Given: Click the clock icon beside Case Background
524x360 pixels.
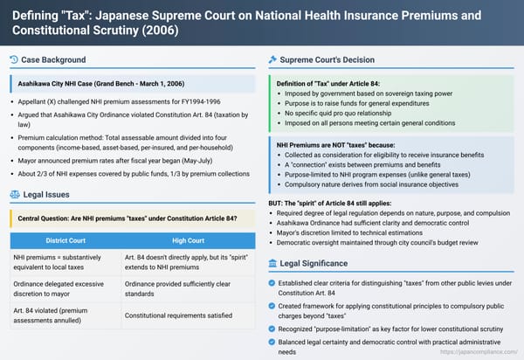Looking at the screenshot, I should coord(13,59).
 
